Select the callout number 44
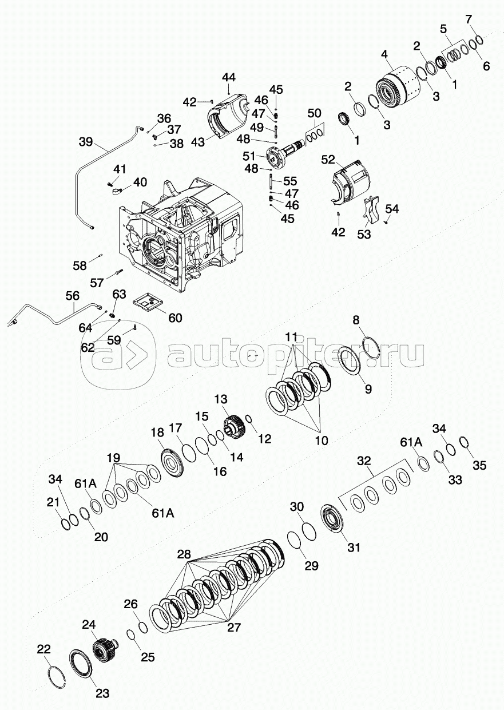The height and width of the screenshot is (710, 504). (229, 78)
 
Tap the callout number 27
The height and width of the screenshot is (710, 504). (233, 627)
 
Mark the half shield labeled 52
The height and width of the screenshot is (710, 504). (352, 180)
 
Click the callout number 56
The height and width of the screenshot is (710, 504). (73, 296)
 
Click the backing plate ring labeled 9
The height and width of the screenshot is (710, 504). (350, 362)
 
